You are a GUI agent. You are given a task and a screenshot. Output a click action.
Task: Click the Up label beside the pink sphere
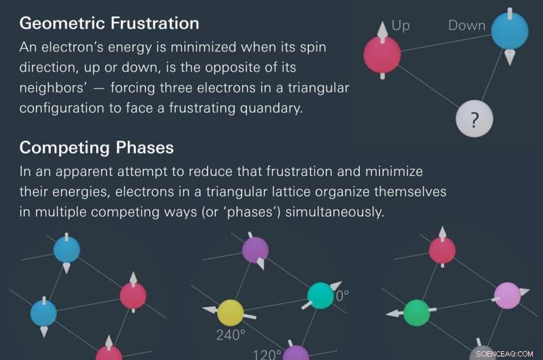[400, 26]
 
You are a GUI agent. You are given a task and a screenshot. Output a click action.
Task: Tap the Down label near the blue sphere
[466, 26]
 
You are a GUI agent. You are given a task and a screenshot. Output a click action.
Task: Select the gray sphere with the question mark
[474, 120]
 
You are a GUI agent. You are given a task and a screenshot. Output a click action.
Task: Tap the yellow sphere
[230, 312]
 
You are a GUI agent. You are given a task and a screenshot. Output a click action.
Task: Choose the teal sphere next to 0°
[320, 295]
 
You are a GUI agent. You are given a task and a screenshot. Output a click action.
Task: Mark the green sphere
[416, 312]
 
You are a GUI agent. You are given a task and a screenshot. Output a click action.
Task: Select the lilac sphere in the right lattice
[507, 295]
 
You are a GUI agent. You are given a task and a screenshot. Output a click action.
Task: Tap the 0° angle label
[343, 296]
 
